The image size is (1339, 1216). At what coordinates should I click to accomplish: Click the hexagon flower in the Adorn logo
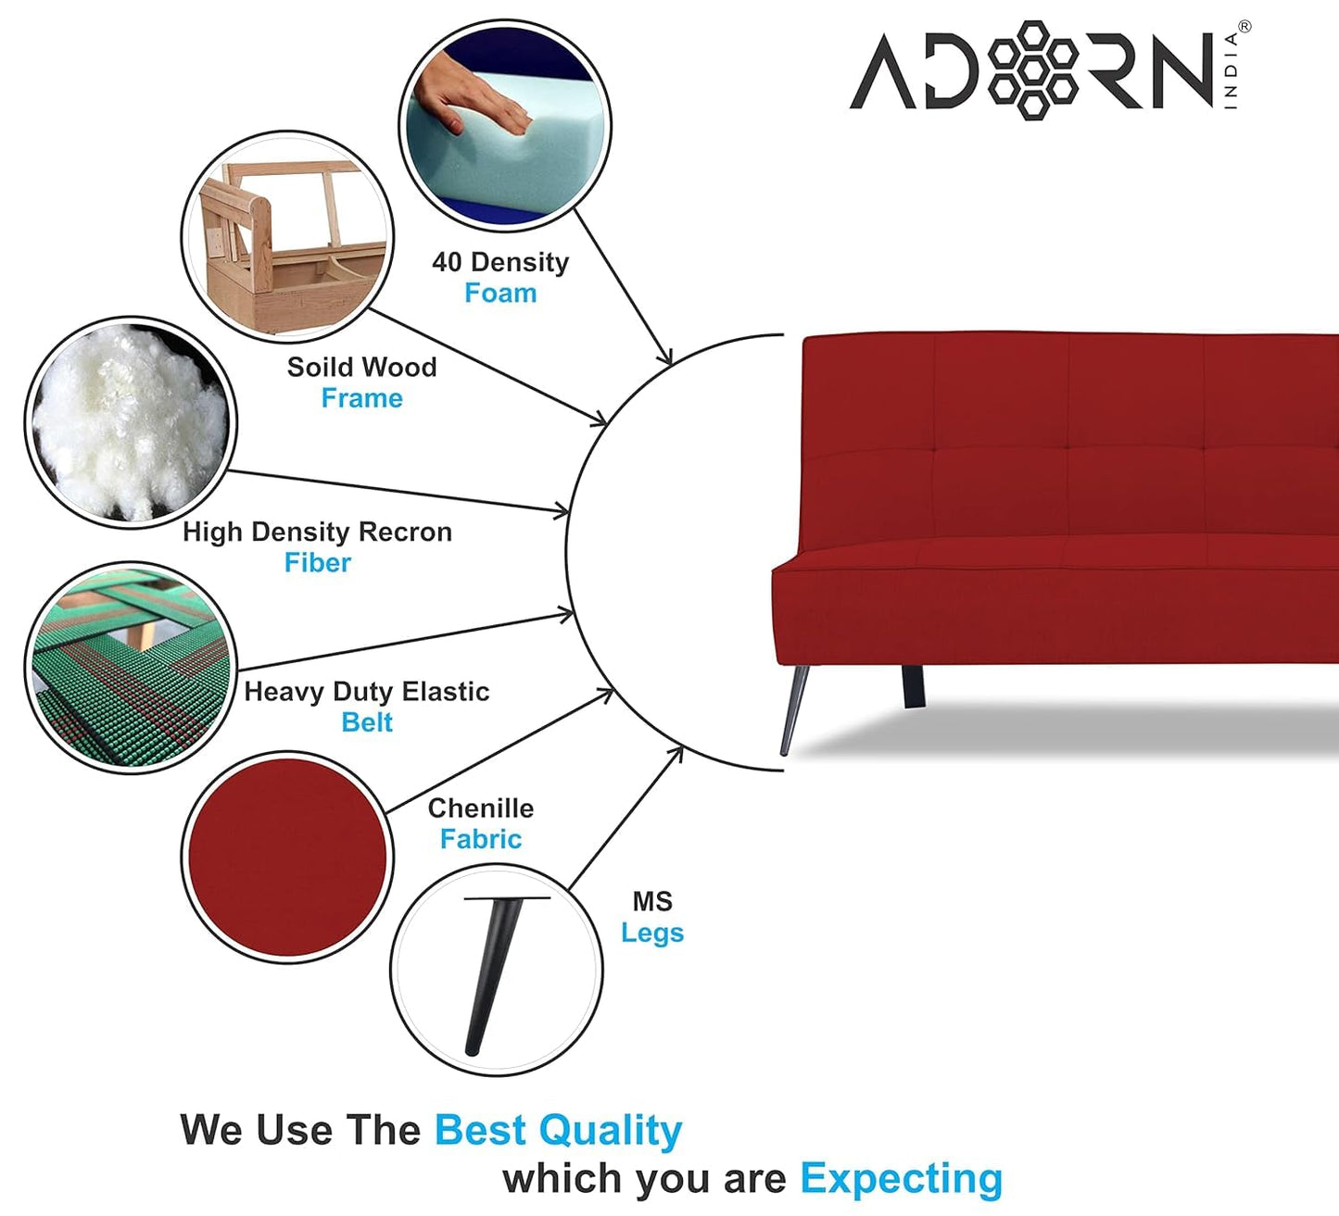pos(1032,70)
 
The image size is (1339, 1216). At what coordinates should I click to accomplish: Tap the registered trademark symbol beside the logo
pos(1244,27)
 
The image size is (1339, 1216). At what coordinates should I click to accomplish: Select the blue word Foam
pos(500,293)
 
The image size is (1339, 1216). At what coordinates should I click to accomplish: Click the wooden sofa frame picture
pos(287,237)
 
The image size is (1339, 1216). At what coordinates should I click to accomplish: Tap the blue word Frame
pos(361,397)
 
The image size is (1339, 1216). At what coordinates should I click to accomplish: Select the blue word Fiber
pos(318,562)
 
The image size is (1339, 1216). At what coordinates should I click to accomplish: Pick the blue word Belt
pos(367,722)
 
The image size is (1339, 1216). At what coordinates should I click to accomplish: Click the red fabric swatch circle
pos(287,857)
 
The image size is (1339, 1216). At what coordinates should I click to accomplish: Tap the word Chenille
pos(481,809)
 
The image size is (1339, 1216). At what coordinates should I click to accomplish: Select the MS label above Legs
pos(652,902)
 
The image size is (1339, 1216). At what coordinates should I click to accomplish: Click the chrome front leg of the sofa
pos(794,709)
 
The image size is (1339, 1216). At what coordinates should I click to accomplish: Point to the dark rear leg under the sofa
pos(914,686)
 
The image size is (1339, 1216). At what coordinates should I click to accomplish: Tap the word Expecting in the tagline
pos(901,1178)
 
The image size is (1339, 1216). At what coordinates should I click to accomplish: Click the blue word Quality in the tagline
pos(610,1130)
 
